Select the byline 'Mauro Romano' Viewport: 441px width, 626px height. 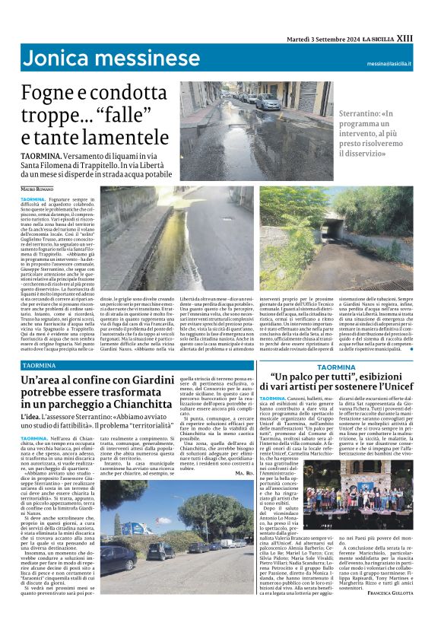tap(39, 188)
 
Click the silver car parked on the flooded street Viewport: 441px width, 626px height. tap(265, 100)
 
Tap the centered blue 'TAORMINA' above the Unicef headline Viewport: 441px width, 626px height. tap(335, 367)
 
